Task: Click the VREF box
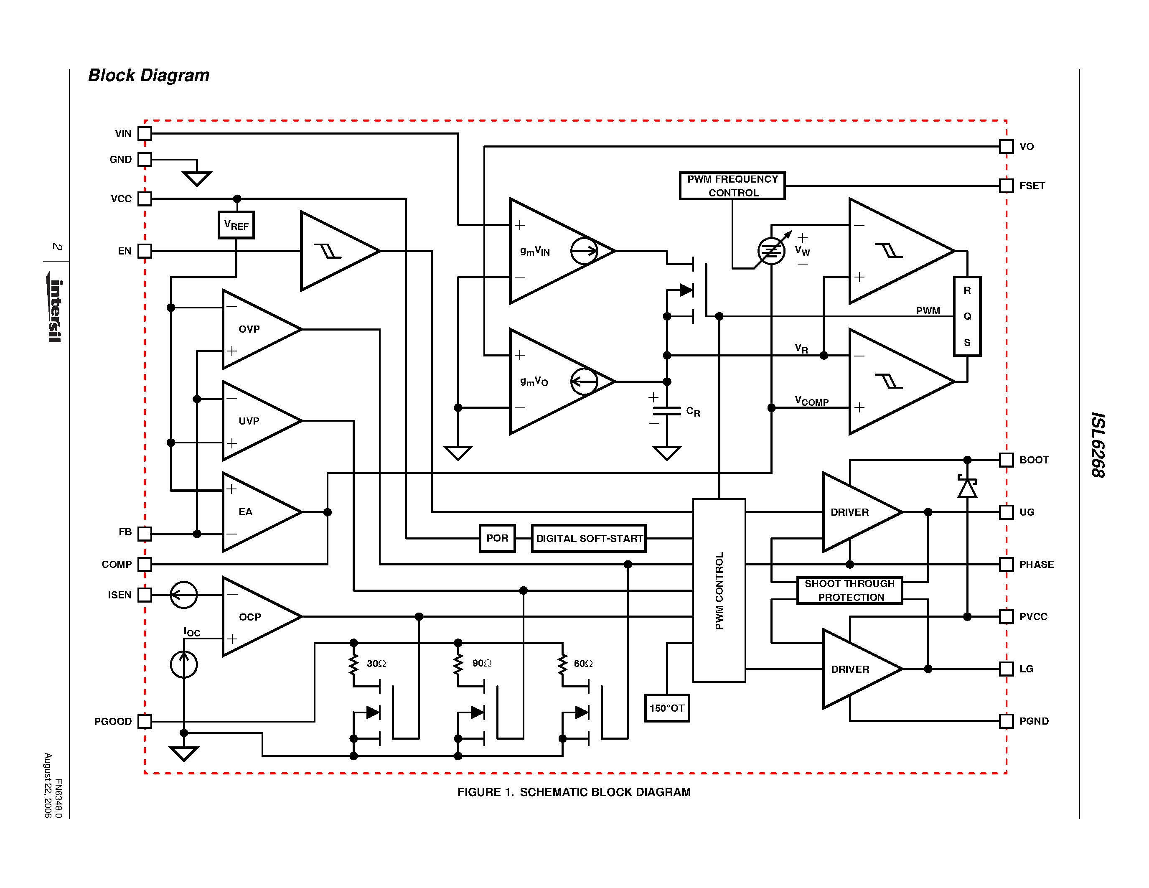tap(236, 225)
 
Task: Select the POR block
tap(497, 538)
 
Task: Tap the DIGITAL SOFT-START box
tap(589, 538)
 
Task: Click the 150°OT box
tap(666, 708)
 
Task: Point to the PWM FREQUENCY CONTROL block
tap(732, 186)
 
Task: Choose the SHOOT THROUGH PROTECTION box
tap(850, 590)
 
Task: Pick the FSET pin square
tap(1007, 186)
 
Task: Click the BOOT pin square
tap(1007, 460)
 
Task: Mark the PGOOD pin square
tap(145, 721)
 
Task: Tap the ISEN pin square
tap(145, 595)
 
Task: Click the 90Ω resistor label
tap(481, 663)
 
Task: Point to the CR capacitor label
tap(693, 411)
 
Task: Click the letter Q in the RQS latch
tap(967, 316)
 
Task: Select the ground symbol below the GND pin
tap(197, 178)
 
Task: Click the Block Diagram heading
tap(148, 75)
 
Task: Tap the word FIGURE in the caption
tap(479, 792)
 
